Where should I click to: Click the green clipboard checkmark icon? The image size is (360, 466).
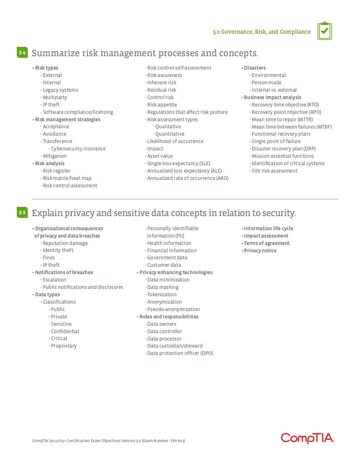324,31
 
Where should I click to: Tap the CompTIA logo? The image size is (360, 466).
307,438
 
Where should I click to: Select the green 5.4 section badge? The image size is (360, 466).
22,53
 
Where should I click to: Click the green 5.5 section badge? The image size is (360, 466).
22,212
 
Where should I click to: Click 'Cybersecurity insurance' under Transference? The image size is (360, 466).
78,149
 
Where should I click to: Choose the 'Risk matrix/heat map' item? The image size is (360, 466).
67,178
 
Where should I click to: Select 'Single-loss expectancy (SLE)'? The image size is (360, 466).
179,163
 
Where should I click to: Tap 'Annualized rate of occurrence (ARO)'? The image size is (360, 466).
188,178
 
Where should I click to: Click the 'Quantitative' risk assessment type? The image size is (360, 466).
170,134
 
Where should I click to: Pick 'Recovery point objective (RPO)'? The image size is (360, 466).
286,112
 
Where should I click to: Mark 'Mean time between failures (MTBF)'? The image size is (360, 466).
291,127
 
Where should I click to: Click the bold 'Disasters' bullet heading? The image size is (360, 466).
255,68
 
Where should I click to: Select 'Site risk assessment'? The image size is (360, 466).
274,171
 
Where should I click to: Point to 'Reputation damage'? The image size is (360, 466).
65,243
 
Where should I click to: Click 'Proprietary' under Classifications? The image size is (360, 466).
64,346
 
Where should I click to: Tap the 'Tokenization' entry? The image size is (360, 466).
162,295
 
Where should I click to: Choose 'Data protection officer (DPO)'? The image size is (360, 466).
180,353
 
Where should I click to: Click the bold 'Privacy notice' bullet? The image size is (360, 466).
260,251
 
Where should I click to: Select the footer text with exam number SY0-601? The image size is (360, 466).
109,441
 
